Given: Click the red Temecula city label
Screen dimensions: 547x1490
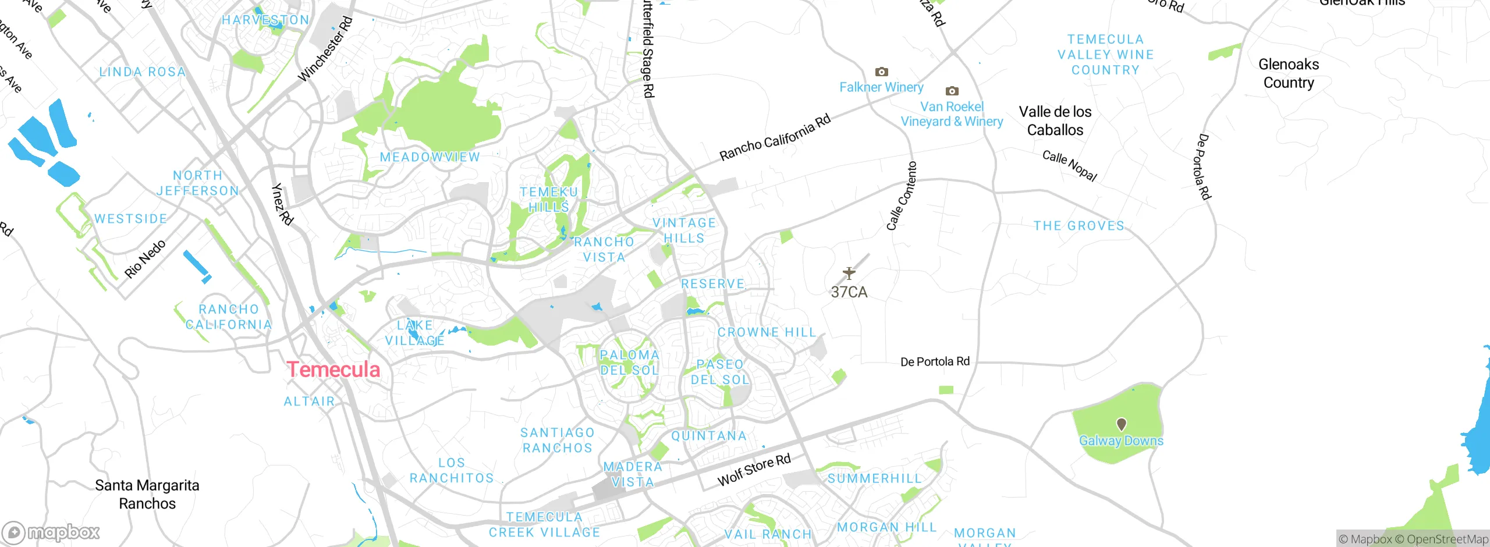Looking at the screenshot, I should pyautogui.click(x=333, y=370).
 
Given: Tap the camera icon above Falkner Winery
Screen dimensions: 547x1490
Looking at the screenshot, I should pyautogui.click(x=881, y=72).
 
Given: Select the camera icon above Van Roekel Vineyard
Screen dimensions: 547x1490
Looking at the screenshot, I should pyautogui.click(x=952, y=91).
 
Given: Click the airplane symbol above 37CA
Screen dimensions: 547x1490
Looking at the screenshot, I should pyautogui.click(x=849, y=273).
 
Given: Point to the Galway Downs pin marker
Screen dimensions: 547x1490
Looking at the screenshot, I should pyautogui.click(x=1121, y=424).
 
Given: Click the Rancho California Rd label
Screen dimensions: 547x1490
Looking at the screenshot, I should pyautogui.click(x=775, y=138).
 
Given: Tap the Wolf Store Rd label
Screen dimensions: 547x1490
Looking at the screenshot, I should pyautogui.click(x=754, y=469).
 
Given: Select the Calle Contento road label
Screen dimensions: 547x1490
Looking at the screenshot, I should pyautogui.click(x=901, y=196).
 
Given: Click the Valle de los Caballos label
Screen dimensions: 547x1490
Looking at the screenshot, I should pyautogui.click(x=1055, y=121).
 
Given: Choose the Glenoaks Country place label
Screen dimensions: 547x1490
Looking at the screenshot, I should pyautogui.click(x=1288, y=73).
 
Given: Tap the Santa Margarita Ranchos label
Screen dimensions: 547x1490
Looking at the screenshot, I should pyautogui.click(x=147, y=494).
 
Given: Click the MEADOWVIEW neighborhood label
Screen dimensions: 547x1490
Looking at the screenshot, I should pyautogui.click(x=430, y=157).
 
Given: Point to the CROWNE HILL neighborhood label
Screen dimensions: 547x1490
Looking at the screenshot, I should pyautogui.click(x=767, y=332).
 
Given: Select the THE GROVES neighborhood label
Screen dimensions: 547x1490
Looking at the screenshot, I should pyautogui.click(x=1079, y=226).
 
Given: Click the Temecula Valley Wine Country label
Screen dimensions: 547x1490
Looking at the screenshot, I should pyautogui.click(x=1105, y=55).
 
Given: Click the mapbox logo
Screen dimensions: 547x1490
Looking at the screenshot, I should pyautogui.click(x=51, y=532).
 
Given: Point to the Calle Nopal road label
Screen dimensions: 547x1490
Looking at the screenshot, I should pyautogui.click(x=1069, y=166).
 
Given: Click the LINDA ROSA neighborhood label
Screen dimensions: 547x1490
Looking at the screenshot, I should pyautogui.click(x=142, y=72).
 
